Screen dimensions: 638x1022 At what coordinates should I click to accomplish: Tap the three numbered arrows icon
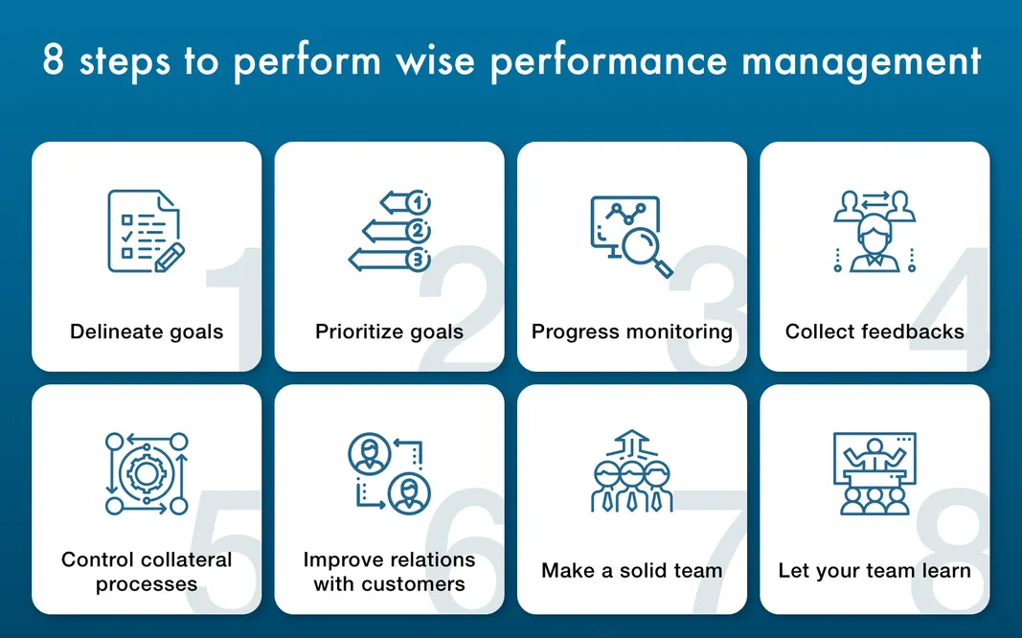pyautogui.click(x=389, y=231)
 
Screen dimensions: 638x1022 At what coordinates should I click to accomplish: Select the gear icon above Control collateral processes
pyautogui.click(x=146, y=473)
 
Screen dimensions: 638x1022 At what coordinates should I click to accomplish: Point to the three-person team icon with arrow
pyautogui.click(x=631, y=473)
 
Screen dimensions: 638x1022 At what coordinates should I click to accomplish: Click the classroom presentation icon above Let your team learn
pyautogui.click(x=874, y=473)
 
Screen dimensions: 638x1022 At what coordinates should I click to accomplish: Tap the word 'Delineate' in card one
pyautogui.click(x=107, y=332)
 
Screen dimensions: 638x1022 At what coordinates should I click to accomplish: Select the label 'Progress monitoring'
pyautogui.click(x=631, y=332)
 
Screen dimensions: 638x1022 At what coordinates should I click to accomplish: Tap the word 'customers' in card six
pyautogui.click(x=416, y=583)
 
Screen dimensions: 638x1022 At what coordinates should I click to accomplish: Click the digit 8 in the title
pyautogui.click(x=55, y=61)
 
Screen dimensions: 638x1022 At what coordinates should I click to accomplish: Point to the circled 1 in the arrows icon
pyautogui.click(x=419, y=203)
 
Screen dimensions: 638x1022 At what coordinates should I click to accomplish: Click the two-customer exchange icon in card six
pyautogui.click(x=389, y=473)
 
